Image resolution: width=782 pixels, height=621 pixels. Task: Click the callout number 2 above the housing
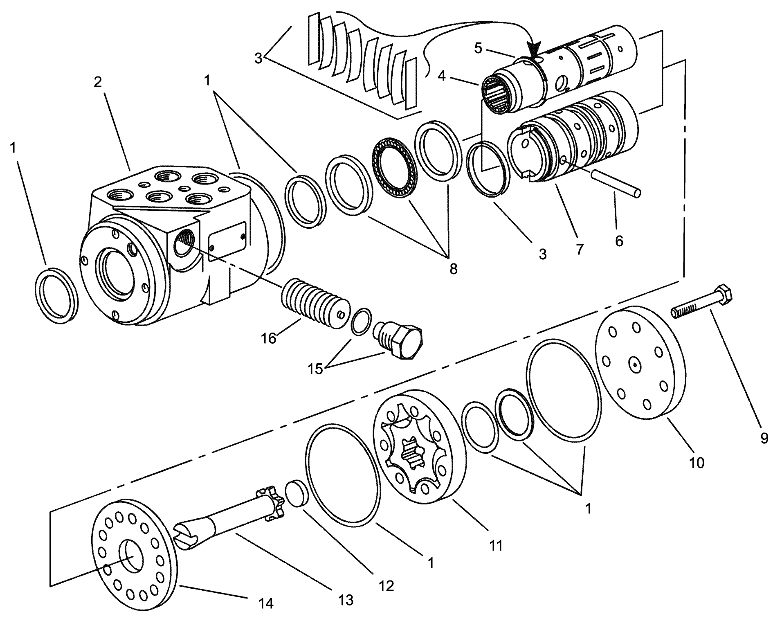pos(97,82)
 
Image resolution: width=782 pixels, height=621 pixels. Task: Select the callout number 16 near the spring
pos(269,339)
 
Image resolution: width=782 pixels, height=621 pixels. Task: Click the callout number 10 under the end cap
pos(697,463)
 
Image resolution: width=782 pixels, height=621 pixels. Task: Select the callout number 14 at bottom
pos(266,603)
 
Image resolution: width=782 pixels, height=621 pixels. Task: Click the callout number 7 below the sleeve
pos(579,249)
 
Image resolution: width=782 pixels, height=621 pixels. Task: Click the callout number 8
pos(453,269)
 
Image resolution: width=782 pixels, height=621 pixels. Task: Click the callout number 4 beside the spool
pos(441,76)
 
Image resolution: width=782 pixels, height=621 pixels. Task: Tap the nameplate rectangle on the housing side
pos(227,241)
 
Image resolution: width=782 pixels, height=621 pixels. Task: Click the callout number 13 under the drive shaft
pos(346,600)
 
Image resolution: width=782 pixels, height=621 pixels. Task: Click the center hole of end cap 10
pos(634,364)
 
